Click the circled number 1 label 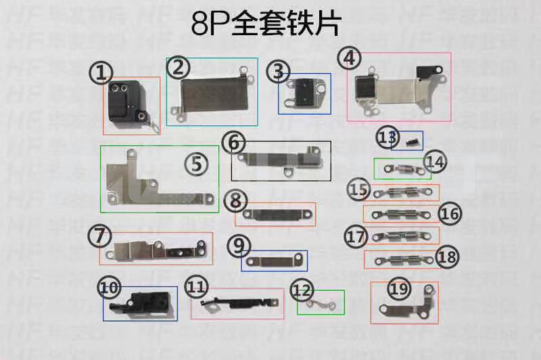point(101,73)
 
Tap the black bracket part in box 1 point(126,105)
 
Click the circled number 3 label point(278,70)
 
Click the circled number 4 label point(349,58)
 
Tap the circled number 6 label point(233,143)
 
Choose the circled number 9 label point(235,245)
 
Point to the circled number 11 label point(195,287)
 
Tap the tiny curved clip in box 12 point(321,303)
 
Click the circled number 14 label point(436,162)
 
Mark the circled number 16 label point(450,214)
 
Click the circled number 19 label point(400,290)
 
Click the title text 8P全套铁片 point(266,25)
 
